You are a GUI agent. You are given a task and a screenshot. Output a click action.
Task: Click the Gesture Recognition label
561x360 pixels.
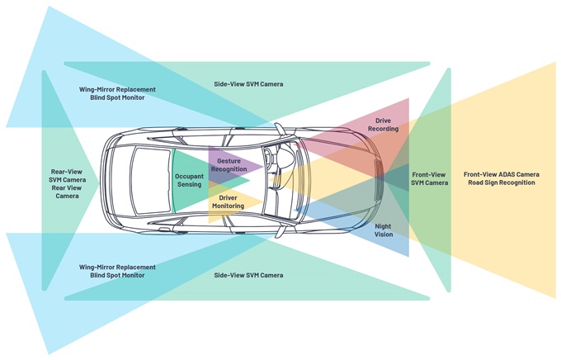(x=229, y=165)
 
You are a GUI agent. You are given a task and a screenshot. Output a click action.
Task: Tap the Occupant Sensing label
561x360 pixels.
(x=189, y=181)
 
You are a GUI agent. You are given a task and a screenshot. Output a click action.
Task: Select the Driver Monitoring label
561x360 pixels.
(x=228, y=202)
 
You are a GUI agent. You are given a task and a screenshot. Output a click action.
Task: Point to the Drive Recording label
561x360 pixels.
(x=383, y=125)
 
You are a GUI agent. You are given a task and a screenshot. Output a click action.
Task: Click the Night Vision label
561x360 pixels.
(x=384, y=230)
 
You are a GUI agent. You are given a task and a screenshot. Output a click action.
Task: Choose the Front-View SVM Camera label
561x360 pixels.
(x=429, y=178)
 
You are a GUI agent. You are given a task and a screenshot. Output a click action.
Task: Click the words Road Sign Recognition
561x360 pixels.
(x=502, y=182)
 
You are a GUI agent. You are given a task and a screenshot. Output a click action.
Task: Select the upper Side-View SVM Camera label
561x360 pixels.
(x=248, y=84)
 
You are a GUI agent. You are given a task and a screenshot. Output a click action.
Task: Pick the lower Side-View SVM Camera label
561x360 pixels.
(x=248, y=276)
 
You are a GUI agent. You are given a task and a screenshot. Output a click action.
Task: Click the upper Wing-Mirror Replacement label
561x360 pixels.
(x=117, y=89)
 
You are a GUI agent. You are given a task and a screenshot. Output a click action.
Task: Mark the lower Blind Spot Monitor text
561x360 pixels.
(x=117, y=276)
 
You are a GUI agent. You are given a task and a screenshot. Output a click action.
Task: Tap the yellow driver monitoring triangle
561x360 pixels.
(x=229, y=202)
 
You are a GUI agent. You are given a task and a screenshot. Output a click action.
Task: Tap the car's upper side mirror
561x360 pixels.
(x=279, y=128)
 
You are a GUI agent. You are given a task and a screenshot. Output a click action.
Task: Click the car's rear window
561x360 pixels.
(x=150, y=181)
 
